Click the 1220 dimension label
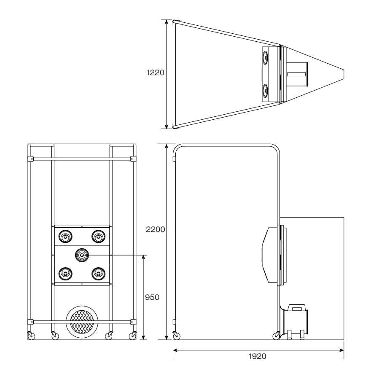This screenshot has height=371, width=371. click(155, 73)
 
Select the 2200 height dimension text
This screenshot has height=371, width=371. click(155, 229)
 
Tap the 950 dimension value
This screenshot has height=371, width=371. click(152, 297)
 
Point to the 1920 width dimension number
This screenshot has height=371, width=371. click(257, 356)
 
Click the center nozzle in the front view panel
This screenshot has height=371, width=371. click(82, 255)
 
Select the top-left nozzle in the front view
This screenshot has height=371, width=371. click(65, 236)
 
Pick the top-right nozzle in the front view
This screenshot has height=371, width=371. click(98, 236)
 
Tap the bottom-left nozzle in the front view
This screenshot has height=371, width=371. click(65, 274)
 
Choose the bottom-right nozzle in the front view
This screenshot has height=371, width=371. click(98, 274)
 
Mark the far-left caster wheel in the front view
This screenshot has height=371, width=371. click(31, 336)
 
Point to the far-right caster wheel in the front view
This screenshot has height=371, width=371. click(133, 336)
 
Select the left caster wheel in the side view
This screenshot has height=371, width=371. click(176, 336)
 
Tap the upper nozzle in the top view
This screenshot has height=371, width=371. click(266, 57)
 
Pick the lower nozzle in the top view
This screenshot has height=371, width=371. click(266, 91)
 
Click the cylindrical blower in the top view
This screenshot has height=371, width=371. click(297, 74)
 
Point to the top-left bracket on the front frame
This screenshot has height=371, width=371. click(30, 159)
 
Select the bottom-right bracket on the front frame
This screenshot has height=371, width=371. click(133, 322)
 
